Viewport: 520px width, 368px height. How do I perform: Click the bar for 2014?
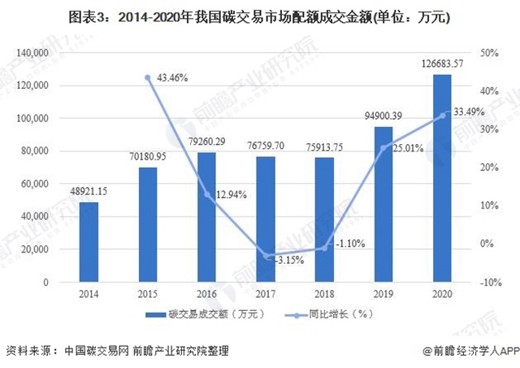click(x=89, y=242)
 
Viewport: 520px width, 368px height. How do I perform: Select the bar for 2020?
click(x=442, y=178)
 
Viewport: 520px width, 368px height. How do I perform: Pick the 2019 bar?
click(x=383, y=204)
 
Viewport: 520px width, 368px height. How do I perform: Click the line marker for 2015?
click(x=148, y=77)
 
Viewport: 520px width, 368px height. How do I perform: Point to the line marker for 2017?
click(x=266, y=256)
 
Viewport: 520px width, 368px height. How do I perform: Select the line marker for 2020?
click(x=442, y=115)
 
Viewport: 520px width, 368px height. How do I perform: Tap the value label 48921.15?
click(x=89, y=191)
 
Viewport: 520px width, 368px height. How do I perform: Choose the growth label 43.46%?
click(x=171, y=78)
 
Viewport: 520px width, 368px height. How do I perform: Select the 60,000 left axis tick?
click(x=37, y=184)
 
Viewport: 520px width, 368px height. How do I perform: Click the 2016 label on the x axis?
click(x=206, y=294)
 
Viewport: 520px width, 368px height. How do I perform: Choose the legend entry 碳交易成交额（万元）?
click(x=196, y=315)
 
